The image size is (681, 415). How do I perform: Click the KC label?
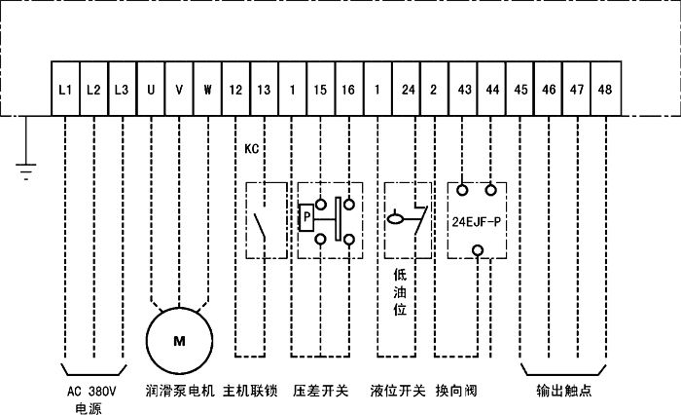coord(252,151)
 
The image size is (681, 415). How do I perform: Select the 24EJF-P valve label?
coord(477,221)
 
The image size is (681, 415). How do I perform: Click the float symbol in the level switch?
coord(397,220)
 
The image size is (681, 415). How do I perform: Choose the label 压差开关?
coord(321,392)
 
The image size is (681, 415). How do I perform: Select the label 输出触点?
coord(564,392)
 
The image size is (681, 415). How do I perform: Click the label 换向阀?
coord(455,392)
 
